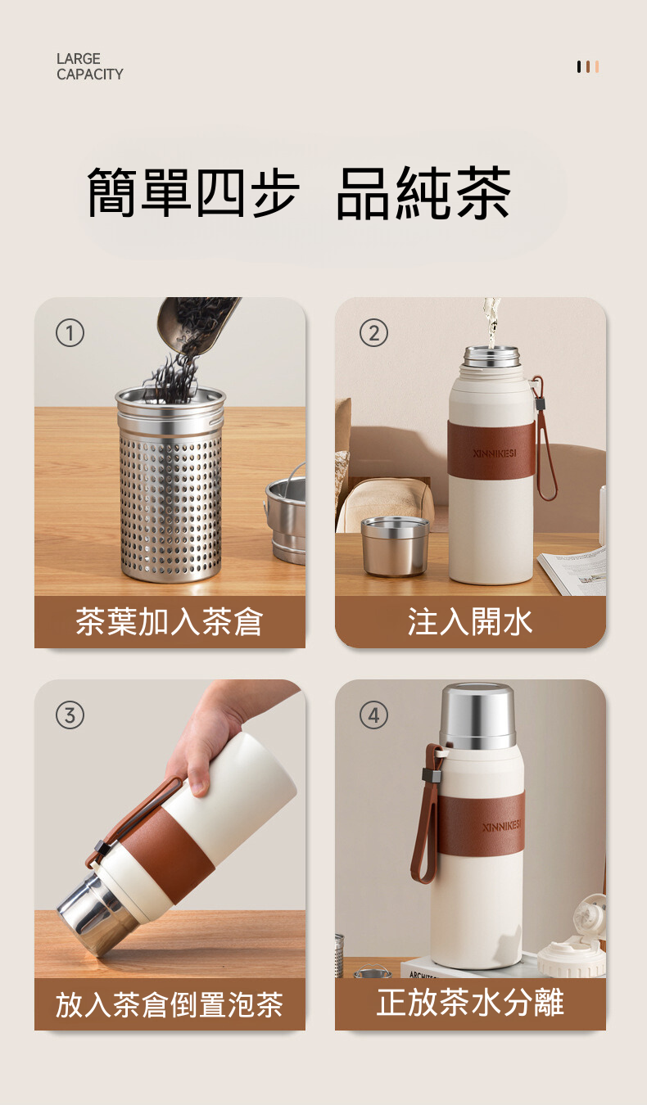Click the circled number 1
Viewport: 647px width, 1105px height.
[70, 332]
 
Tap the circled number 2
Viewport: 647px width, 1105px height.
[373, 332]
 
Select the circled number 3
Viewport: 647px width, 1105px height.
[70, 715]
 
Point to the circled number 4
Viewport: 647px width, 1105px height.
[373, 715]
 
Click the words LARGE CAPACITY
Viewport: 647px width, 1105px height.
[89, 66]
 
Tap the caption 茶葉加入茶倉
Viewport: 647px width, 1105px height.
[170, 621]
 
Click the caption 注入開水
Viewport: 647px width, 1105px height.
[470, 621]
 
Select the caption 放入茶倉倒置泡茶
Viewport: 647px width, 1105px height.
[170, 1004]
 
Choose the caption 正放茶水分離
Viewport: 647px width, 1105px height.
[470, 1003]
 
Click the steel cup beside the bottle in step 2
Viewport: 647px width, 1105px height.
[395, 547]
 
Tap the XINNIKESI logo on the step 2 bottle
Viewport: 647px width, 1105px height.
[494, 453]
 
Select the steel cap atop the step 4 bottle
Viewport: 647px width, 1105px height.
[477, 716]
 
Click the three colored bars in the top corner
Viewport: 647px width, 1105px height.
[588, 66]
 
